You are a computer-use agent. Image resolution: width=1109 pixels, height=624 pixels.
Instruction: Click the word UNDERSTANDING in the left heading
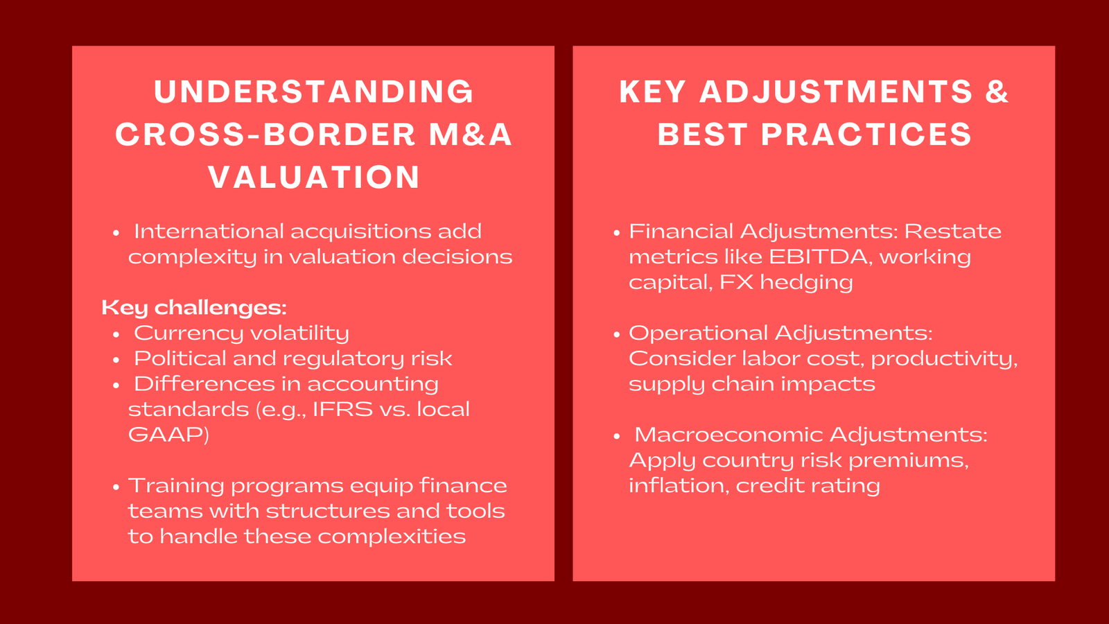314,92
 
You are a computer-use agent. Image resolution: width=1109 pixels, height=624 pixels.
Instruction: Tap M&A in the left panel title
471,135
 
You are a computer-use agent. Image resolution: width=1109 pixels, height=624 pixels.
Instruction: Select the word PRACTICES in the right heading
867,135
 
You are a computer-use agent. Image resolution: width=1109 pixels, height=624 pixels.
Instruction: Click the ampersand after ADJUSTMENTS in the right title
997,92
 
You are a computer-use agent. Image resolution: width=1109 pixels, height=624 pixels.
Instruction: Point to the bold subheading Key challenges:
194,307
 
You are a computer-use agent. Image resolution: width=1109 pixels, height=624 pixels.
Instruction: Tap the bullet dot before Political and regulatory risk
116,359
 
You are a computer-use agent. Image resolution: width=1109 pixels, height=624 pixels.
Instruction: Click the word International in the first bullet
209,232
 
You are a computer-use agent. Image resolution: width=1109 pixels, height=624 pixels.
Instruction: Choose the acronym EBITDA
820,257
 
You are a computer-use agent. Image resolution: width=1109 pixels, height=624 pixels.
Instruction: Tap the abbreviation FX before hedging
736,282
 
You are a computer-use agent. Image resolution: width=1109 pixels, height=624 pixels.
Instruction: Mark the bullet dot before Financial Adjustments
617,232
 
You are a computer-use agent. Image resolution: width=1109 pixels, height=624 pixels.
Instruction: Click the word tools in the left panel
475,511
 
